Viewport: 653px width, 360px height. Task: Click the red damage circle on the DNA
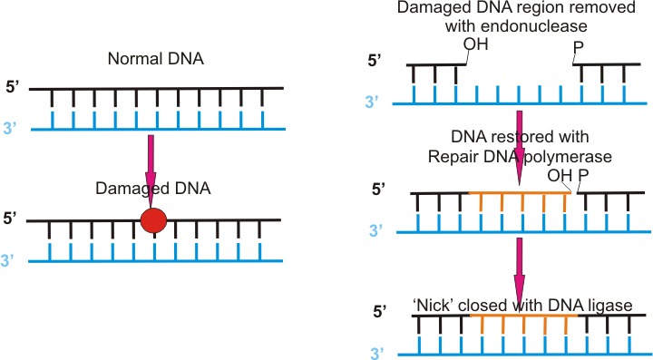[x=154, y=221]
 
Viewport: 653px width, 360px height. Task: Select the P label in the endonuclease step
[x=577, y=44]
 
